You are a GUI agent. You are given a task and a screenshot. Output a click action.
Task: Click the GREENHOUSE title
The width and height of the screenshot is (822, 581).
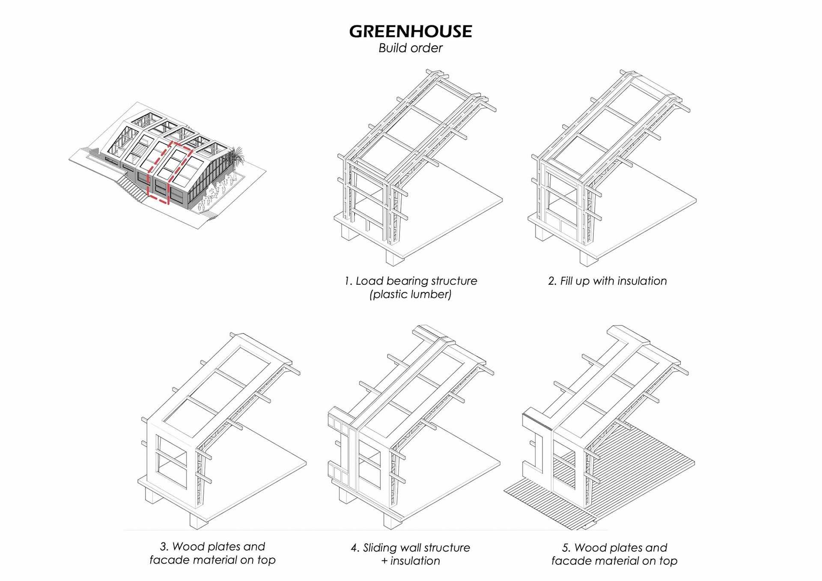[x=410, y=32]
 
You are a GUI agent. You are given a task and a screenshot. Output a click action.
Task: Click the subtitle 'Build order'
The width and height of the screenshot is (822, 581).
[x=410, y=48]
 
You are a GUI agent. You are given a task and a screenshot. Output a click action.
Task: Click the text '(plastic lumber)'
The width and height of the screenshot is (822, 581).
[x=410, y=295]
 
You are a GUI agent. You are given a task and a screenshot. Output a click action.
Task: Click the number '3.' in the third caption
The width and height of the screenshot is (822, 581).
[x=164, y=547]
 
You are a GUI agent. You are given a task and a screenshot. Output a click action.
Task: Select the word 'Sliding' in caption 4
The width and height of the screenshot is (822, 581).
[x=381, y=548]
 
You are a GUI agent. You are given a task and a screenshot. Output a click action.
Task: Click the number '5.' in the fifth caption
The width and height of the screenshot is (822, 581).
[x=566, y=548]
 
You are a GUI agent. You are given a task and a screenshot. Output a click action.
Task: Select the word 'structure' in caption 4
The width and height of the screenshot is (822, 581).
[x=451, y=548]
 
